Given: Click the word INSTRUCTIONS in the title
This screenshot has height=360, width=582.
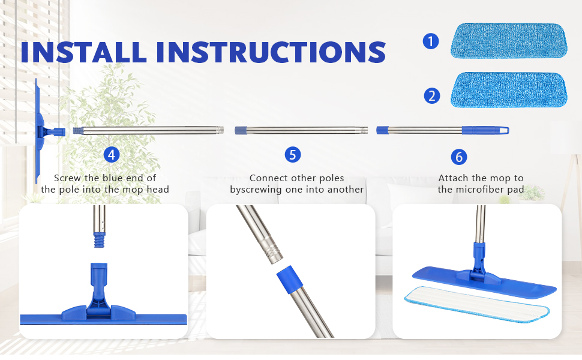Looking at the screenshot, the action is (x=271, y=52).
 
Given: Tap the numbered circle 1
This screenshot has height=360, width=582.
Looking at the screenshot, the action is (x=431, y=41).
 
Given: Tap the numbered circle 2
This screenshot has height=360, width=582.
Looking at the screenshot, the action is (x=431, y=96).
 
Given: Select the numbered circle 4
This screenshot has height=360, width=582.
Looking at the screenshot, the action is (x=112, y=154).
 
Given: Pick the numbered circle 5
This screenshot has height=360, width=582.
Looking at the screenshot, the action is (x=292, y=154).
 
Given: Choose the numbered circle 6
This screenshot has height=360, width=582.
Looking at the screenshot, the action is (x=459, y=157).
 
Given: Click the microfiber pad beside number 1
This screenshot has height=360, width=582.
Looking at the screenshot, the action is (x=509, y=41).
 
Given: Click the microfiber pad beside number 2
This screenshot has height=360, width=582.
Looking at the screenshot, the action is (x=509, y=90).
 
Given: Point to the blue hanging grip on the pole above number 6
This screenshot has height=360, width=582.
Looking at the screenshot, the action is (x=485, y=130).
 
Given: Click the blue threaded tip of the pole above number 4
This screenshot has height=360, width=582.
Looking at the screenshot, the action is (x=77, y=130).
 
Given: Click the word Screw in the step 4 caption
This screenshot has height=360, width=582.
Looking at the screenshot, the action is (x=68, y=178).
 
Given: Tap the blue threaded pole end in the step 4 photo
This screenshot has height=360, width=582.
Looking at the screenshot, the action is (x=99, y=240).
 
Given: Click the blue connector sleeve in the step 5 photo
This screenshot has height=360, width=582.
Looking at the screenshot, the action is (x=290, y=277).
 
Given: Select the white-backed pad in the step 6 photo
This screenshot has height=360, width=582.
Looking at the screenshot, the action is (x=477, y=303).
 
